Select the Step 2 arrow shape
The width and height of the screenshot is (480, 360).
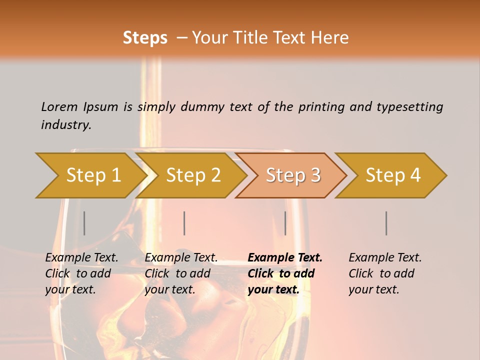click(x=192, y=175)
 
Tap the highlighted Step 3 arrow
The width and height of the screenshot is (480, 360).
click(x=292, y=175)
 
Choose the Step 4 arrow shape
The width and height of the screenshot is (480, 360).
click(x=392, y=175)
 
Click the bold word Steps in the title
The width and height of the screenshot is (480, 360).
click(x=145, y=38)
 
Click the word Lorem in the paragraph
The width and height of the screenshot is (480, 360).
click(x=59, y=106)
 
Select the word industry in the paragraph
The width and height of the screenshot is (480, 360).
click(x=65, y=124)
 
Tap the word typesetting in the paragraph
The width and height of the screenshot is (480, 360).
click(x=409, y=106)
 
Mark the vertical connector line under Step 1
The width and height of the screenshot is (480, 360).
click(x=84, y=223)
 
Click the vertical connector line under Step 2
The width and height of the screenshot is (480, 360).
click(x=184, y=223)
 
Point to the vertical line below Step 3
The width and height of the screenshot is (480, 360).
click(x=285, y=223)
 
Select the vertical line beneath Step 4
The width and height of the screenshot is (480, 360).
click(x=386, y=223)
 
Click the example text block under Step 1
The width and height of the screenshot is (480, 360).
click(x=81, y=273)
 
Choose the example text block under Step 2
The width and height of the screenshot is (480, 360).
click(x=181, y=273)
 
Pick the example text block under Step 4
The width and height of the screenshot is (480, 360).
click(x=385, y=273)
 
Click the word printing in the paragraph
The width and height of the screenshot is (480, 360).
click(x=321, y=106)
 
